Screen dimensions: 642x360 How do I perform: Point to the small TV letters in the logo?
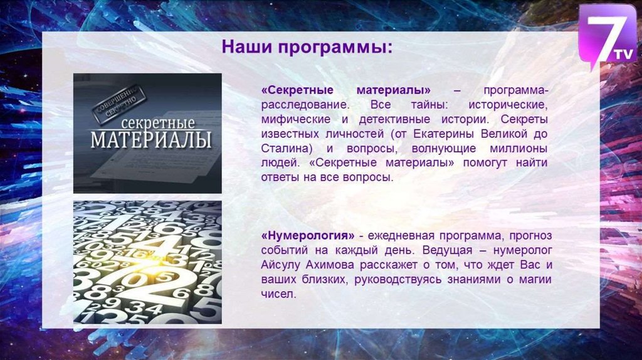coord(624,54)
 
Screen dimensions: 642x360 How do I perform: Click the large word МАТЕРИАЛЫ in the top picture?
coord(151,140)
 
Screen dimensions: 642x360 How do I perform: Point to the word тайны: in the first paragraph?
coord(429,105)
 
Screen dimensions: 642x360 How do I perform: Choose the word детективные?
coord(394,120)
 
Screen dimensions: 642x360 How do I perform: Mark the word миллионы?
coord(518,148)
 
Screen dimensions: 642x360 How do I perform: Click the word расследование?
coord(305,105)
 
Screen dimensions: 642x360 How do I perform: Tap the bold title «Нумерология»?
coord(308,236)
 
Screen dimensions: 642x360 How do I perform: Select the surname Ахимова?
coord(330,265)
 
